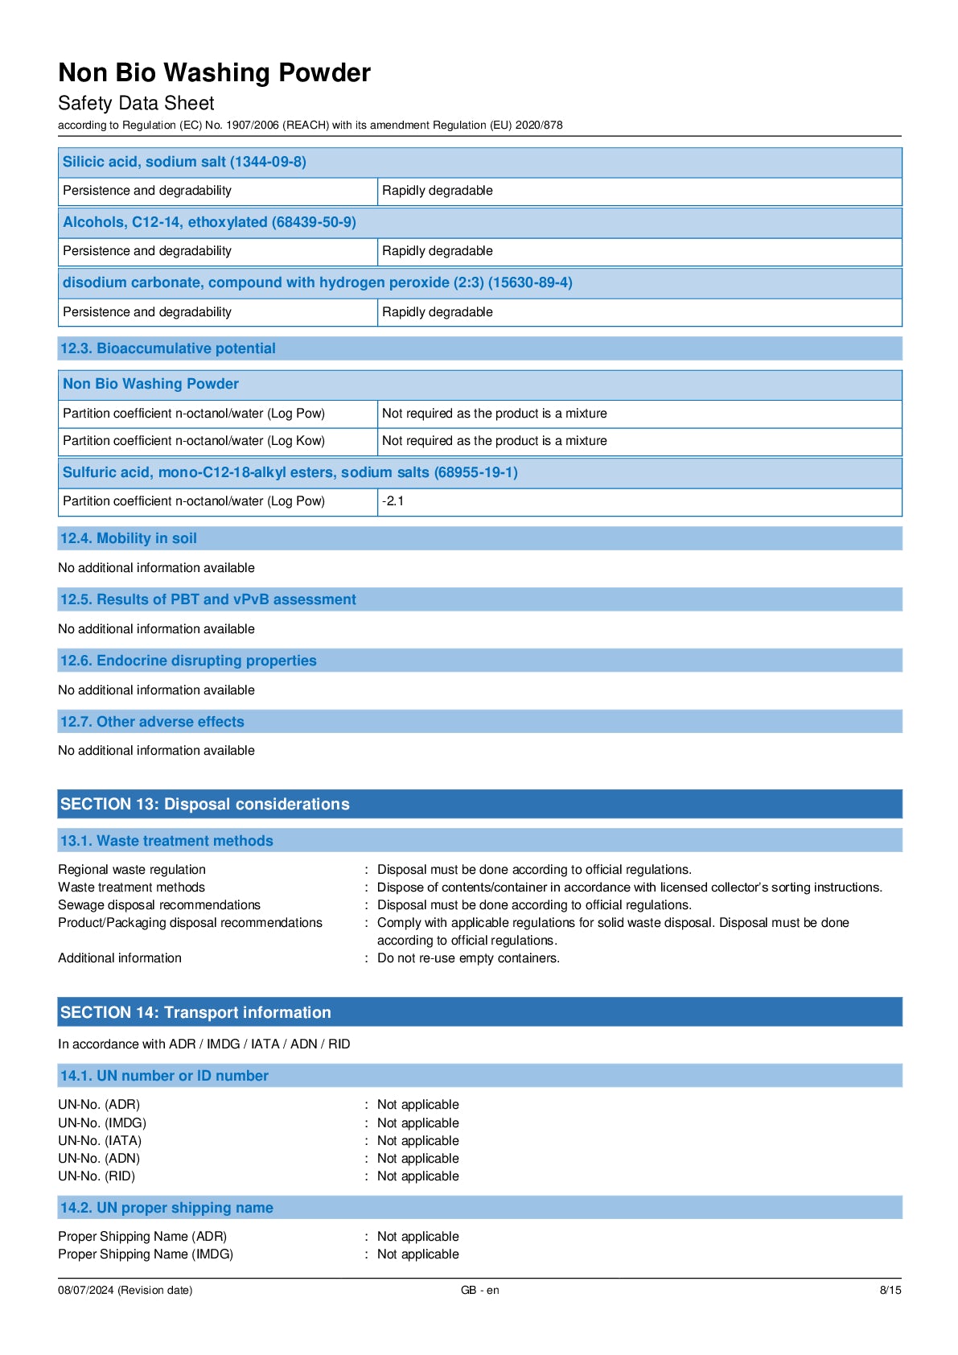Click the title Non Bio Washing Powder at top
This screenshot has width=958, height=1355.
click(x=214, y=73)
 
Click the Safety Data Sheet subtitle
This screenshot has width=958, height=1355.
click(x=136, y=104)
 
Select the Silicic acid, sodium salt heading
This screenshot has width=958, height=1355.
click(x=184, y=162)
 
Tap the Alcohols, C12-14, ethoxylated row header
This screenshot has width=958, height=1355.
click(x=209, y=222)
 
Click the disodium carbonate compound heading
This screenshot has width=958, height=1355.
click(x=317, y=282)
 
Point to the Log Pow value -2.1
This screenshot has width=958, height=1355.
click(x=393, y=501)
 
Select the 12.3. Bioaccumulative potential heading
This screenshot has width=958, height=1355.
click(x=167, y=348)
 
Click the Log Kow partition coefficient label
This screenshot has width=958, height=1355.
click(x=194, y=441)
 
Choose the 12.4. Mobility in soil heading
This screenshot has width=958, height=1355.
click(x=128, y=538)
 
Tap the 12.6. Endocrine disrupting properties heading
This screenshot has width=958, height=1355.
click(x=188, y=661)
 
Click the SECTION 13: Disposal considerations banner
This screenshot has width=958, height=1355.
click(x=204, y=804)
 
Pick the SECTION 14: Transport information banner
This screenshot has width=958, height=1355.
click(x=195, y=1012)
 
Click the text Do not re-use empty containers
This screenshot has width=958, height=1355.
click(x=468, y=958)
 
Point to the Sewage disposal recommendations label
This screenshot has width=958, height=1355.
click(x=159, y=905)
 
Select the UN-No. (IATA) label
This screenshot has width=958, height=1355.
click(x=100, y=1141)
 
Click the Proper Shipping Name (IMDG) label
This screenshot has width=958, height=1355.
click(x=146, y=1254)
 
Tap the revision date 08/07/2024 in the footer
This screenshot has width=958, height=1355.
click(x=125, y=1291)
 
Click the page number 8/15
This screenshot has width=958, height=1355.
click(x=890, y=1291)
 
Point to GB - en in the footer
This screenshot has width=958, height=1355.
click(x=479, y=1291)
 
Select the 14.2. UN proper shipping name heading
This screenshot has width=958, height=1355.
click(x=167, y=1208)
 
